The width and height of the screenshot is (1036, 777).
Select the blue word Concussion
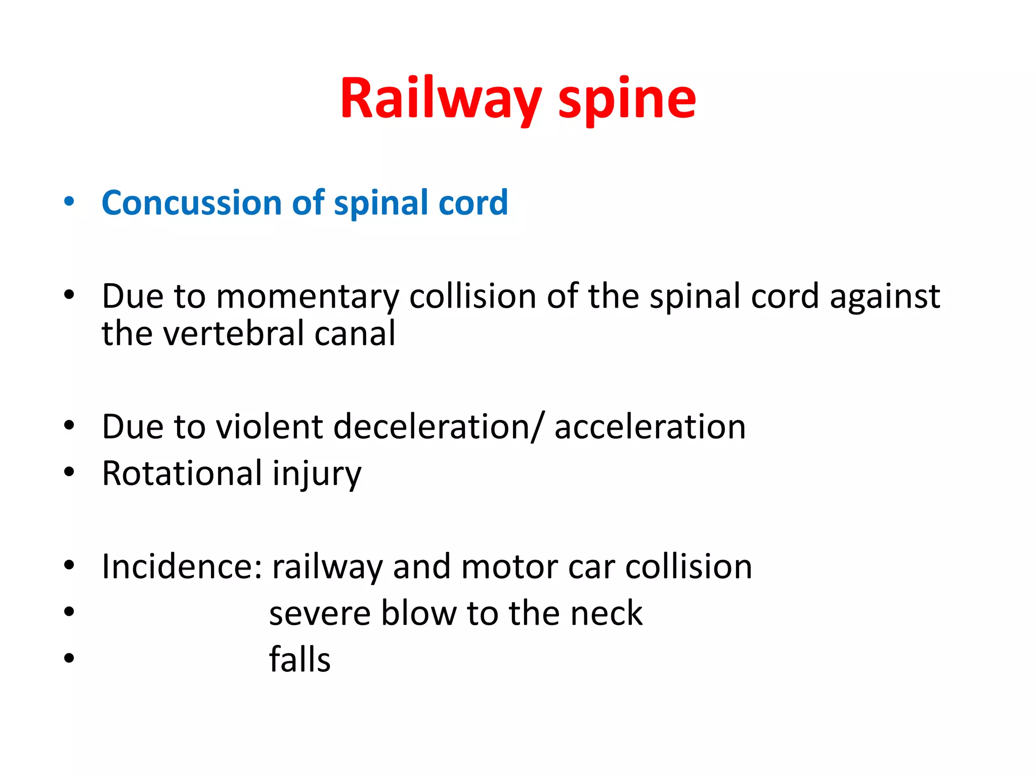point(192,203)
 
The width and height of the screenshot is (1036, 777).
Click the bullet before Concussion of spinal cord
point(69,201)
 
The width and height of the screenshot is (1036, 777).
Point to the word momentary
point(308,296)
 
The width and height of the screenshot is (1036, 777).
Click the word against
point(885,296)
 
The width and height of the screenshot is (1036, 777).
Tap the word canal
point(355,334)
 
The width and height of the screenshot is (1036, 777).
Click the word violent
point(270,427)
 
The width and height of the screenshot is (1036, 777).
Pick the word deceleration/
point(440,427)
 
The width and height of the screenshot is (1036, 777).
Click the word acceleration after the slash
point(650,427)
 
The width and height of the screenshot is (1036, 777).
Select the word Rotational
point(182,474)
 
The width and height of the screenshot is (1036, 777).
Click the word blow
point(418,613)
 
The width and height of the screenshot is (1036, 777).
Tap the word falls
point(299,660)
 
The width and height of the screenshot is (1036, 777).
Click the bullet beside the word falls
point(69,658)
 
